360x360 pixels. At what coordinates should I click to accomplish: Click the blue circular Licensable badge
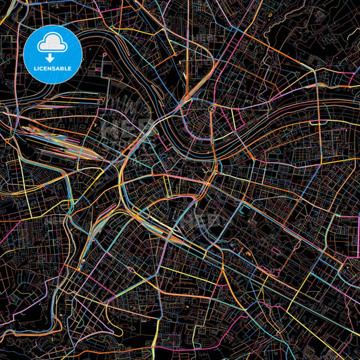pos(53,54)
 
